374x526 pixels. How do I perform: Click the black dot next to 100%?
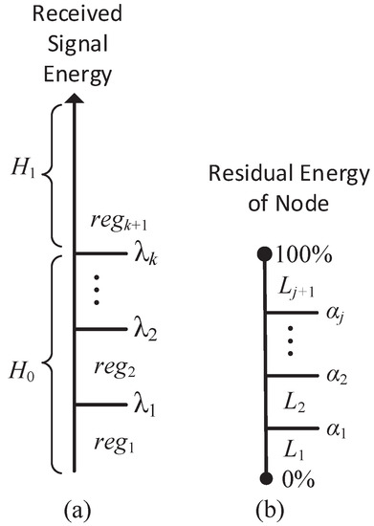(265, 254)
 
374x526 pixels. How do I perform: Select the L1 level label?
(289, 449)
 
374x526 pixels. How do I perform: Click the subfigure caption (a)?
(74, 508)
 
